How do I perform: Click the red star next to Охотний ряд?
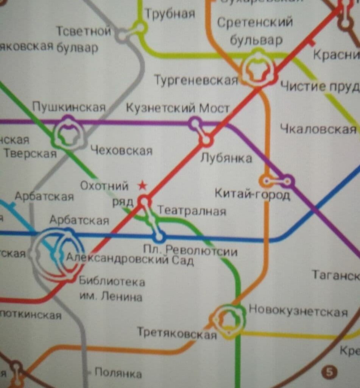click(x=142, y=185)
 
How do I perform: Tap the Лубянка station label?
click(x=226, y=158)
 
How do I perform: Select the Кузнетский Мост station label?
click(x=178, y=108)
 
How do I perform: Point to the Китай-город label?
click(x=252, y=195)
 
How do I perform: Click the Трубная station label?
click(x=170, y=14)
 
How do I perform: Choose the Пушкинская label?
click(x=69, y=107)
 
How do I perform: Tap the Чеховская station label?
click(x=122, y=151)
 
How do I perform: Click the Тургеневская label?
click(x=196, y=80)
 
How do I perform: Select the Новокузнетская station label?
click(x=298, y=311)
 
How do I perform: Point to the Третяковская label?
click(x=177, y=333)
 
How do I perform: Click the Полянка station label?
click(x=118, y=373)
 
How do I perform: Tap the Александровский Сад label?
click(x=130, y=259)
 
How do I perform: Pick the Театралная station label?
click(x=191, y=211)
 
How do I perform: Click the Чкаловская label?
click(x=318, y=129)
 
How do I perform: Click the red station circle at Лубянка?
click(x=206, y=140)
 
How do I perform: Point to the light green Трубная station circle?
click(x=140, y=28)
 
